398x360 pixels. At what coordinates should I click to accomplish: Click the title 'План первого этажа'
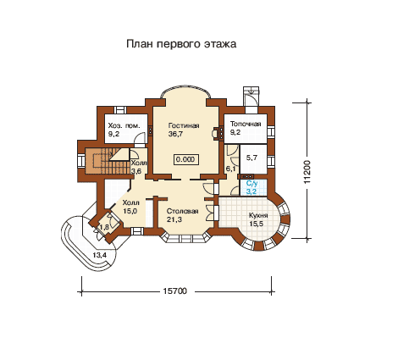click(x=181, y=44)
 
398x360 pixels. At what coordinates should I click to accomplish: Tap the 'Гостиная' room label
click(x=184, y=125)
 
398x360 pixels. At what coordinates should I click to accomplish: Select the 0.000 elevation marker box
click(x=185, y=159)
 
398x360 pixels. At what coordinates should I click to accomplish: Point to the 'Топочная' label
click(x=246, y=124)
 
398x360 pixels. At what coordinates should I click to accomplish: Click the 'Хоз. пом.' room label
click(x=124, y=126)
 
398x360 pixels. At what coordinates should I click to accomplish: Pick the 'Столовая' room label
click(x=182, y=212)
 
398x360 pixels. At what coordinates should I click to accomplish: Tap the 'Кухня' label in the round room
click(x=258, y=216)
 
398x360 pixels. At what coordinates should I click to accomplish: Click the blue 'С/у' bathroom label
click(x=252, y=184)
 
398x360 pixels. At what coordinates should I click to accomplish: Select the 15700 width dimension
click(x=175, y=291)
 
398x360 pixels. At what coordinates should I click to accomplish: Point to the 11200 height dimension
click(x=307, y=172)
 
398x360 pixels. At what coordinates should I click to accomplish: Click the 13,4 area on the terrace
click(x=100, y=256)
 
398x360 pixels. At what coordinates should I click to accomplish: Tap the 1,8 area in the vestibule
click(x=104, y=227)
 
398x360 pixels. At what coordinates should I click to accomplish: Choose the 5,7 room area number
click(x=252, y=158)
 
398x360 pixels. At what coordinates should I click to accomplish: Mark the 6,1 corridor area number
click(x=231, y=169)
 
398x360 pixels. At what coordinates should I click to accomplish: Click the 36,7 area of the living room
click(x=175, y=134)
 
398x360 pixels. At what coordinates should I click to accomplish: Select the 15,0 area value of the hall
click(x=130, y=211)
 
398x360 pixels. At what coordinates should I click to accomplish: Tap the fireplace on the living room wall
click(x=217, y=132)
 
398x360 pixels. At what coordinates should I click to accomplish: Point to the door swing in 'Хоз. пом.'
click(x=139, y=139)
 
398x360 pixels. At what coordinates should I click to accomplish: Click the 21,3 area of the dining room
click(x=174, y=219)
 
